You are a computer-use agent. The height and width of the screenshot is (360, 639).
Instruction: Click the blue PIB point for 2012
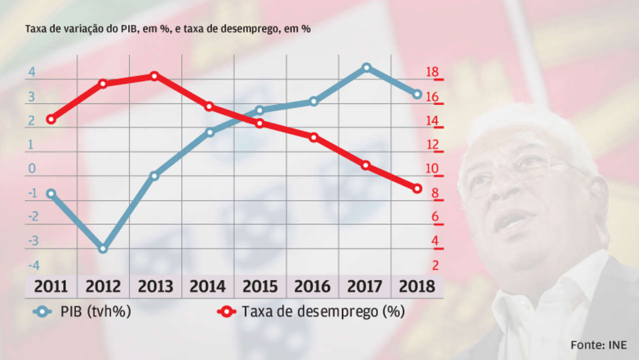pyautogui.click(x=103, y=248)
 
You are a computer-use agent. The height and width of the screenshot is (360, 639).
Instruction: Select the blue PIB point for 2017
pyautogui.click(x=366, y=67)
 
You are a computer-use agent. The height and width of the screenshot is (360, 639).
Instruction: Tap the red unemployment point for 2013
pyautogui.click(x=154, y=76)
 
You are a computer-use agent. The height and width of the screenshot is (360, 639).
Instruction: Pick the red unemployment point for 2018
pyautogui.click(x=417, y=188)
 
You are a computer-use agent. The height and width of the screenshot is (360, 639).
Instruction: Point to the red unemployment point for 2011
pyautogui.click(x=50, y=119)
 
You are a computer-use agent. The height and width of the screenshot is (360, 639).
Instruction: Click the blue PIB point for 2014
pyautogui.click(x=210, y=132)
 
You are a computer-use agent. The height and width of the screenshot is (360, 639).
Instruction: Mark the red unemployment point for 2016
pyautogui.click(x=314, y=137)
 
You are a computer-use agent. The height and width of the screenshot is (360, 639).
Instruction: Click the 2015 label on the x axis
pyautogui.click(x=260, y=287)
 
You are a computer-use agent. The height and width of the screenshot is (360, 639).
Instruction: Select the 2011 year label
pyautogui.click(x=51, y=287)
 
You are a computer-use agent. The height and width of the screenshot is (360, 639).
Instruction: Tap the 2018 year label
pyautogui.click(x=417, y=287)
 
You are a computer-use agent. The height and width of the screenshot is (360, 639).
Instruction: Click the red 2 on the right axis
pyautogui.click(x=435, y=265)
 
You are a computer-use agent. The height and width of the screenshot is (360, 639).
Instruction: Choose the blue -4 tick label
pyautogui.click(x=32, y=265)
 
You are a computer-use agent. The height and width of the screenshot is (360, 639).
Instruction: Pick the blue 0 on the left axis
pyautogui.click(x=32, y=169)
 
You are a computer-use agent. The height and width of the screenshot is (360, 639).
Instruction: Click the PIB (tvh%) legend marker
pyautogui.click(x=43, y=312)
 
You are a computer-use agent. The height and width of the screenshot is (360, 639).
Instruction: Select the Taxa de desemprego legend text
pyautogui.click(x=323, y=312)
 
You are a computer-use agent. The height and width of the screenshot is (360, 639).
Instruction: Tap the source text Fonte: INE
pyautogui.click(x=599, y=345)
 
